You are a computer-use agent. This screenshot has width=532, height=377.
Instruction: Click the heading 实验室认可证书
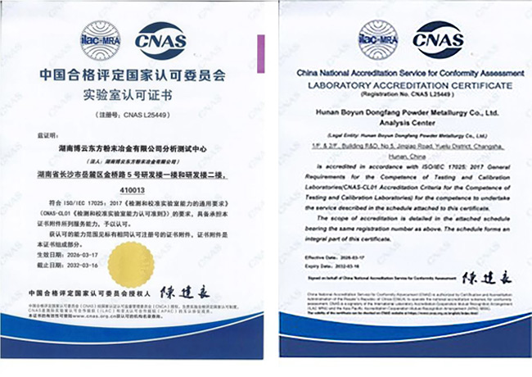129,93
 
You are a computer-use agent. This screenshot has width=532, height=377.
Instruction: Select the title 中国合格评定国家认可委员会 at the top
129,74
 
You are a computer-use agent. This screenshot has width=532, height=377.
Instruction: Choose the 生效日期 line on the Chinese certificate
65,255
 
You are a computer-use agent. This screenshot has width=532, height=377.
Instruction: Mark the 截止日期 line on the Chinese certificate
65,266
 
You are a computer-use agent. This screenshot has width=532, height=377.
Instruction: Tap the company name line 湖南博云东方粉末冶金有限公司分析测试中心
129,150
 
